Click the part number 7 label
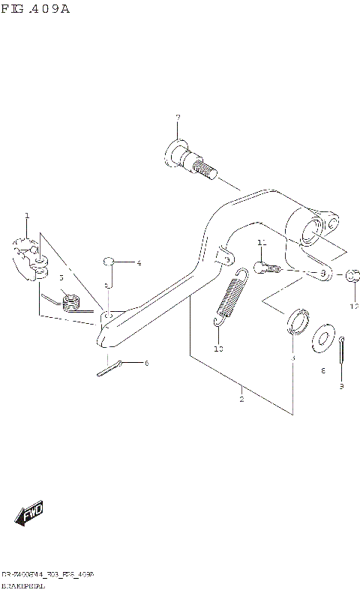(178, 118)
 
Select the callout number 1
(27, 216)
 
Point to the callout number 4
(138, 263)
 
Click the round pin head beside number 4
(109, 261)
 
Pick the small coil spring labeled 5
(70, 301)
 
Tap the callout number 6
(146, 363)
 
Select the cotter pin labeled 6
(109, 368)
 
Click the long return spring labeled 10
(230, 296)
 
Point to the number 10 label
(218, 349)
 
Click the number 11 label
(261, 243)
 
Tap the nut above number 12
(354, 275)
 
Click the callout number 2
(241, 399)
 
